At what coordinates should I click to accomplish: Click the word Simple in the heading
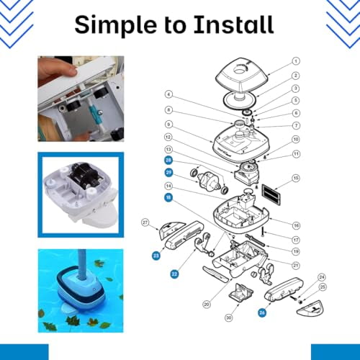[117, 26]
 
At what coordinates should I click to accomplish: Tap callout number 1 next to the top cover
[295, 62]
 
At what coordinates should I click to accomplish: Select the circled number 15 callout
[295, 178]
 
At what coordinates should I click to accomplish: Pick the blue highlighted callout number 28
[168, 160]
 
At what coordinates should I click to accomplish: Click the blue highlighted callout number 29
[168, 173]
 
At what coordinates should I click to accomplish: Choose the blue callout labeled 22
[174, 274]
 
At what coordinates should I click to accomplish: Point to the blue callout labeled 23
[156, 254]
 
